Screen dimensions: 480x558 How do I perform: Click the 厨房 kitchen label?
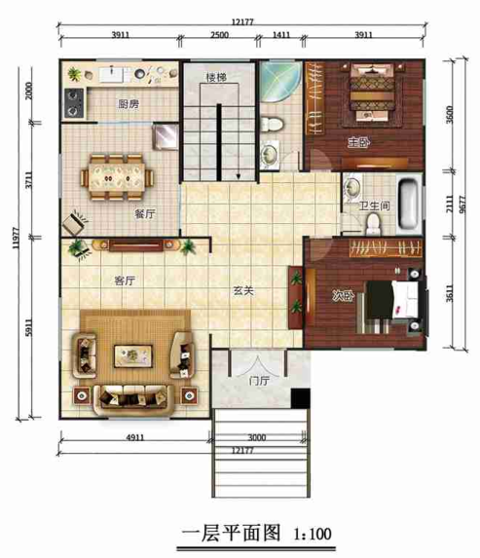(x=129, y=104)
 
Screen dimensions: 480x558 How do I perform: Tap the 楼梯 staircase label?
(x=216, y=77)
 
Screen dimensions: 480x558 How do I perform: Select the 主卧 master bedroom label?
(x=358, y=143)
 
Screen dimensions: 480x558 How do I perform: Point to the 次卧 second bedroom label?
(x=343, y=296)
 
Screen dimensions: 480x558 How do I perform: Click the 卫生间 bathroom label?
(x=374, y=205)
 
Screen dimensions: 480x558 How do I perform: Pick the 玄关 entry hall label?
(x=243, y=291)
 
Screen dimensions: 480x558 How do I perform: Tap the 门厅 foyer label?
(x=259, y=381)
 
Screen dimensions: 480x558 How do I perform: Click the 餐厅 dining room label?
(x=145, y=214)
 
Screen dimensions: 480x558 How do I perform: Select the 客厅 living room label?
(x=125, y=280)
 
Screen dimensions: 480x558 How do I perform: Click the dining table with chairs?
(x=118, y=177)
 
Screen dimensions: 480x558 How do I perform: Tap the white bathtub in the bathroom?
(x=408, y=204)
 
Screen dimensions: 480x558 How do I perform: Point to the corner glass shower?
(x=279, y=82)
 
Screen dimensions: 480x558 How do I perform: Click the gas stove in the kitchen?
(x=74, y=103)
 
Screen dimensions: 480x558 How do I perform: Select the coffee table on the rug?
(x=133, y=355)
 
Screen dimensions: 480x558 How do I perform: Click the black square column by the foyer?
(x=300, y=398)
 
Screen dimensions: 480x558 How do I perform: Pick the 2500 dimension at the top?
(x=219, y=35)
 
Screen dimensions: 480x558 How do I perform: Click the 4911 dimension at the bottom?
(x=135, y=437)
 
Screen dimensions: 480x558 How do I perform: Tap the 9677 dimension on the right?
(x=462, y=205)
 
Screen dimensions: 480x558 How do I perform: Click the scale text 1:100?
(x=313, y=534)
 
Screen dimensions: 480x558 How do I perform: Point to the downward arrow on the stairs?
(x=239, y=176)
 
